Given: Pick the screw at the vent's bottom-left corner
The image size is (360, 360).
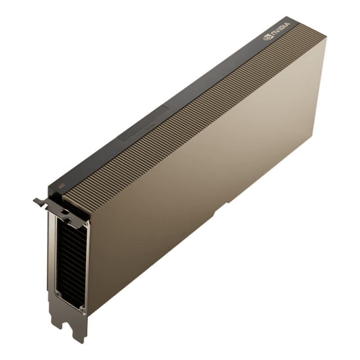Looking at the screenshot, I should tap(58, 293).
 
